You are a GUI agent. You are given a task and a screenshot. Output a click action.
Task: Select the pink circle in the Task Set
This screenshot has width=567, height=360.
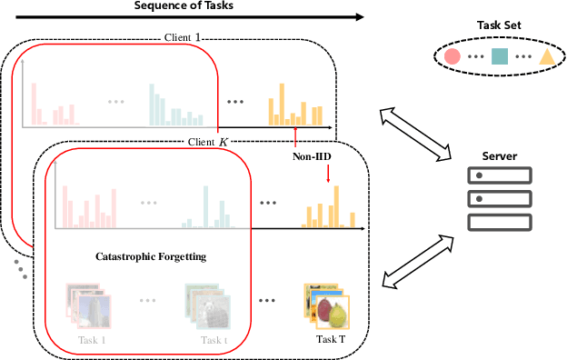click(452, 57)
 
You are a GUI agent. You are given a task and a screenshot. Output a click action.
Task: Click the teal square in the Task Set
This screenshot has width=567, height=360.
click(499, 57)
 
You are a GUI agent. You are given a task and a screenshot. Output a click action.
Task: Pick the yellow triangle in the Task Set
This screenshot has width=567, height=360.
click(546, 58)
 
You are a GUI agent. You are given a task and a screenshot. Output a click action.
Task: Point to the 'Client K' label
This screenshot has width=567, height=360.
click(209, 142)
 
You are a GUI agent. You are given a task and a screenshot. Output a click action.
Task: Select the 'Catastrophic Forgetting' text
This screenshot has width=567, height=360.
click(151, 257)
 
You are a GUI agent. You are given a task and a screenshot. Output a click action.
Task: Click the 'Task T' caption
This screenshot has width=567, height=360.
click(330, 340)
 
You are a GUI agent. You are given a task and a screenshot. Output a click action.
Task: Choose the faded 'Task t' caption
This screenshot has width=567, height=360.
click(214, 341)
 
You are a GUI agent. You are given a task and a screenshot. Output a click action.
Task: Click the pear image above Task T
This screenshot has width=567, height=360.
click(336, 315)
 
